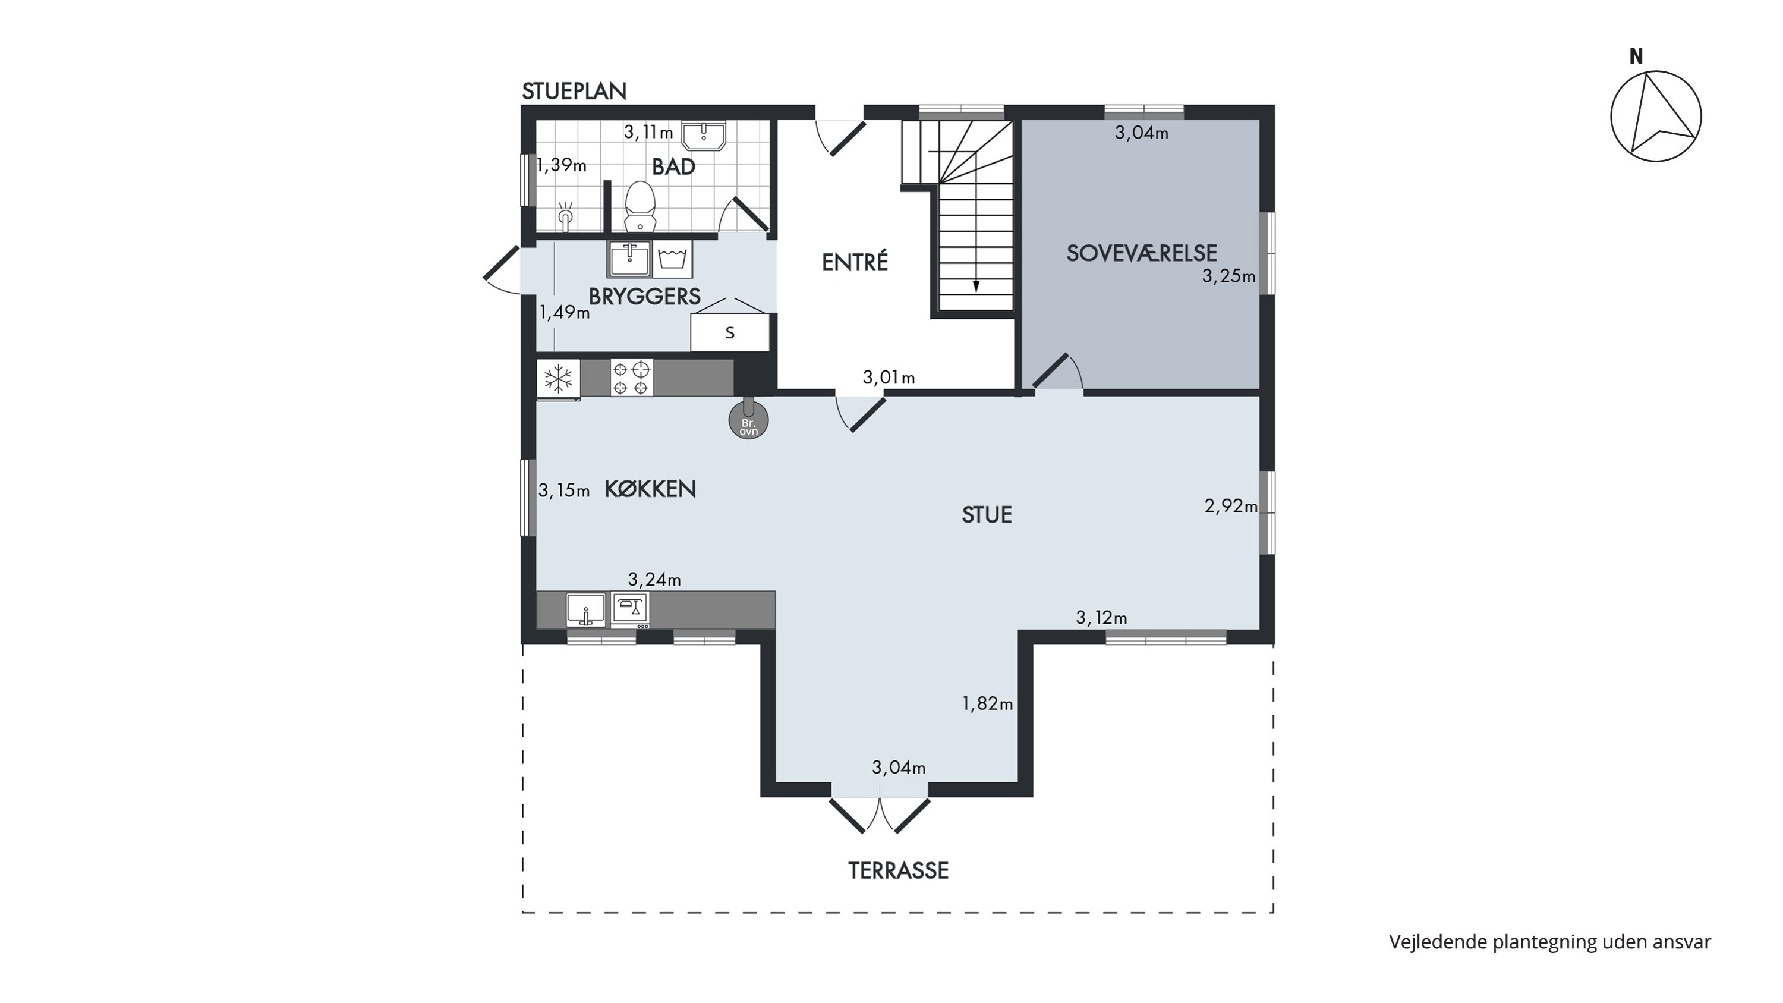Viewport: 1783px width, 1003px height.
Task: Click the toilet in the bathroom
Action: pos(640,206)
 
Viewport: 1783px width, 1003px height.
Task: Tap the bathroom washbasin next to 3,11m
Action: pos(704,136)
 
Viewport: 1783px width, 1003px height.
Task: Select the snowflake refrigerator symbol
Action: pos(558,379)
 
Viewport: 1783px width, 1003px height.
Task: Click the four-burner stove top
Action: pos(631,378)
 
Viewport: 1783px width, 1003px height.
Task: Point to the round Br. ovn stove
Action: pos(748,420)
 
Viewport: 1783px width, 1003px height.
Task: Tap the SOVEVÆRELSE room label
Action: pos(1141,253)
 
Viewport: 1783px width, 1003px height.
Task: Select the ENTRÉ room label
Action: pos(855,262)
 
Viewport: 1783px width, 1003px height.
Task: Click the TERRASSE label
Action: pos(899,871)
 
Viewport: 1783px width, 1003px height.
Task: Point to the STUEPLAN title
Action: pos(574,92)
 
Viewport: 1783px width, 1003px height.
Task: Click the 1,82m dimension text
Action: pos(987,704)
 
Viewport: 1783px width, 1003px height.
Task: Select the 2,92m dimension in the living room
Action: pos(1231,506)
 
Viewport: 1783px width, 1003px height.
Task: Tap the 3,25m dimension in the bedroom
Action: pos(1228,276)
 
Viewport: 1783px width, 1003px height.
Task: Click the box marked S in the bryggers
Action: pos(729,332)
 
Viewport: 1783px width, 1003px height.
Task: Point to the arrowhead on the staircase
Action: pos(976,285)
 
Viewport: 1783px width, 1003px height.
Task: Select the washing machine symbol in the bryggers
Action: pos(672,259)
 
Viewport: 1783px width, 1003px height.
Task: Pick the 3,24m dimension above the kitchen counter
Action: pos(654,579)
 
